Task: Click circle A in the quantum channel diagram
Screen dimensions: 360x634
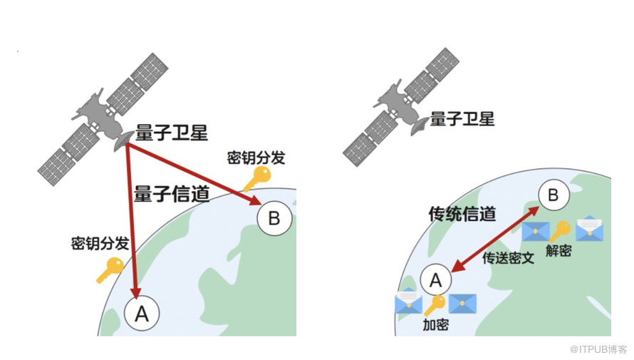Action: [x=141, y=312]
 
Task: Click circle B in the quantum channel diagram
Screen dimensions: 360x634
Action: [x=274, y=218]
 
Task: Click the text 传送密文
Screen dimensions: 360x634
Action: [x=508, y=258]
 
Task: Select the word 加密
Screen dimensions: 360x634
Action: [x=435, y=325]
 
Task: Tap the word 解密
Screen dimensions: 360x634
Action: [x=558, y=250]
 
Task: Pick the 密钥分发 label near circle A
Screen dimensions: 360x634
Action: [x=100, y=243]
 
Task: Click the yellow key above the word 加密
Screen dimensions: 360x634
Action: [x=435, y=304]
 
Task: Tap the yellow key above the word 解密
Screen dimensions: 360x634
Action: [x=560, y=230]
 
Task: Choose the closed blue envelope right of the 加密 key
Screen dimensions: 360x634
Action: [x=462, y=304]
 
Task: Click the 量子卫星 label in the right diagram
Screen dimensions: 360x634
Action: [x=461, y=118]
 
